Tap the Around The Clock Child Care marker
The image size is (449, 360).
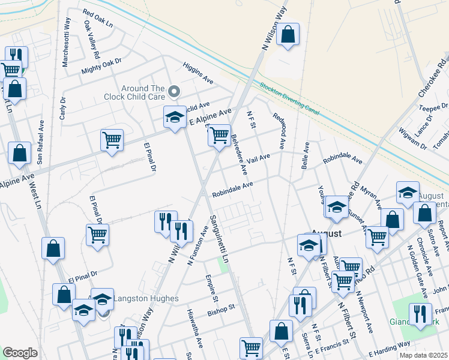174,92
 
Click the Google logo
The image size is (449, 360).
20,352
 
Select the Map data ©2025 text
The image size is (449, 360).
423,355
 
